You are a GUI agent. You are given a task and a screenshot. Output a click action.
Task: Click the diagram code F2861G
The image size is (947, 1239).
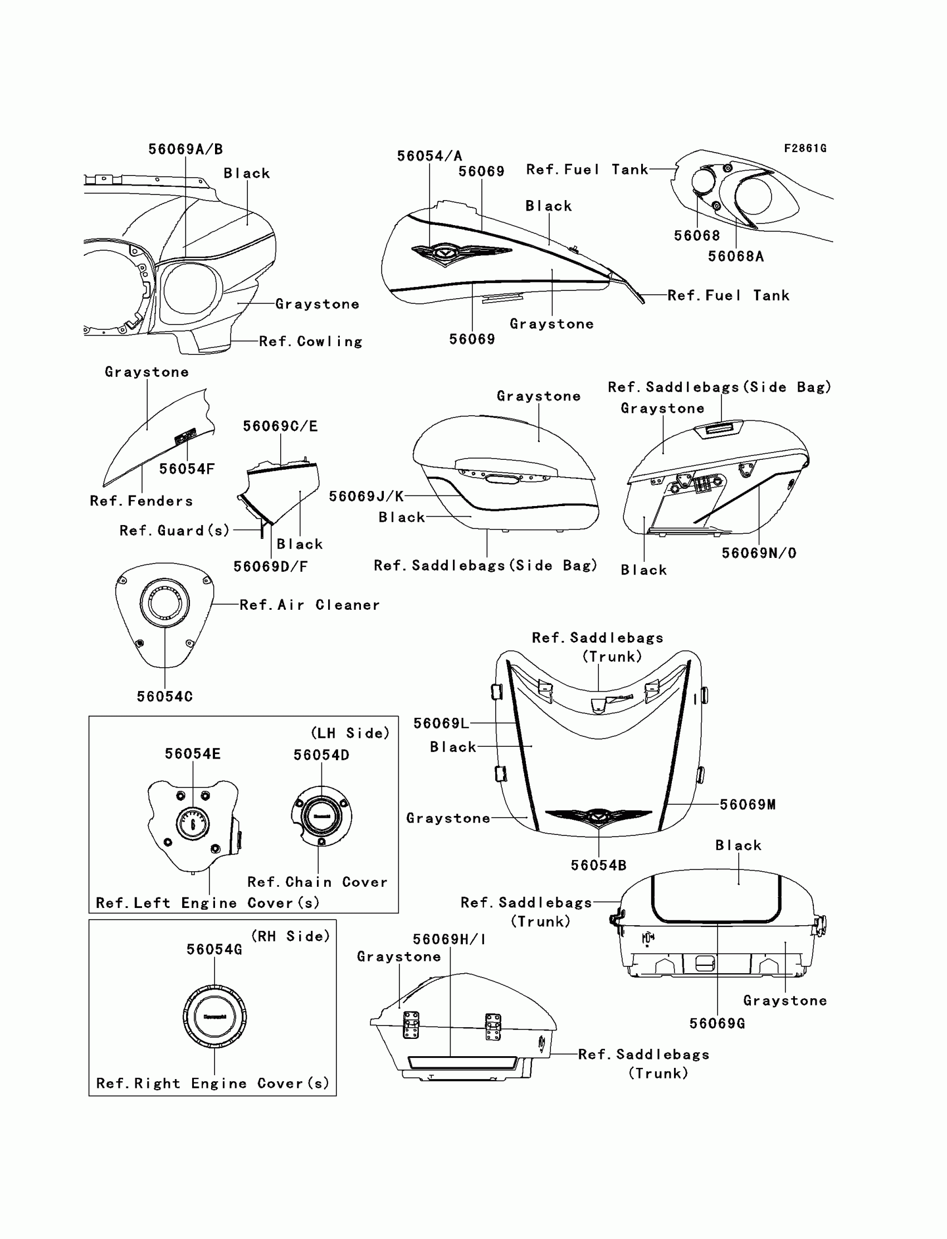point(805,148)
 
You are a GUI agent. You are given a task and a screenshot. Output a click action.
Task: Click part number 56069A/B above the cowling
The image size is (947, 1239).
point(186,149)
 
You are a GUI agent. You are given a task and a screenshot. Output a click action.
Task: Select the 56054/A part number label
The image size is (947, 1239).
point(429,156)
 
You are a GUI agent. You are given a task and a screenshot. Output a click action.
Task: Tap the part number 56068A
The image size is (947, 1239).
point(736,256)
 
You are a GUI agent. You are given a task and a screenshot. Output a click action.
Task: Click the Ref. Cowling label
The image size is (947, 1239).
point(310,342)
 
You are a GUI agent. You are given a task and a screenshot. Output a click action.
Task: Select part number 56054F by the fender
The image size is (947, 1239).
point(187,469)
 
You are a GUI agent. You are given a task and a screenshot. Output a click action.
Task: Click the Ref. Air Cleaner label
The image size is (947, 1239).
point(310,605)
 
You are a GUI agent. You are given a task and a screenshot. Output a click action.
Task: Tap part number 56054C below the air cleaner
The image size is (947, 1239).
point(164,697)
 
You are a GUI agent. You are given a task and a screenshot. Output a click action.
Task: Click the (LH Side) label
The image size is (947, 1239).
point(350,733)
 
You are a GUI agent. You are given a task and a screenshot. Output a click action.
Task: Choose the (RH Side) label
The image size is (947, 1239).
point(290,936)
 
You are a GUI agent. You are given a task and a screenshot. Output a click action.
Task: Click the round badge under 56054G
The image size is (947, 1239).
point(214,1017)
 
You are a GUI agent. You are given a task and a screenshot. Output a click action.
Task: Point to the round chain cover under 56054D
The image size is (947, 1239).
point(321,816)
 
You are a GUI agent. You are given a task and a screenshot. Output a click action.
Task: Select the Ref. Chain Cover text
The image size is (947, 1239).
point(318,882)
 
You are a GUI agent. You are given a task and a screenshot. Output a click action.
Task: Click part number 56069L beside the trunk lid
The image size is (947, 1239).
point(441,723)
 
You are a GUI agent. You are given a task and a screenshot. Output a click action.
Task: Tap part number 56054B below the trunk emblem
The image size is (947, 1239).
point(598,866)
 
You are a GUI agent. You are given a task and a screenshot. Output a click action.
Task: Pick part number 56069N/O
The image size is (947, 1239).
point(759,553)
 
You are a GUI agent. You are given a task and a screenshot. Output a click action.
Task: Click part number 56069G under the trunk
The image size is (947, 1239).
point(717,1023)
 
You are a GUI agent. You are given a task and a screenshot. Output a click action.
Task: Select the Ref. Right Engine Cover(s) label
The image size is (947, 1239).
point(212,1083)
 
